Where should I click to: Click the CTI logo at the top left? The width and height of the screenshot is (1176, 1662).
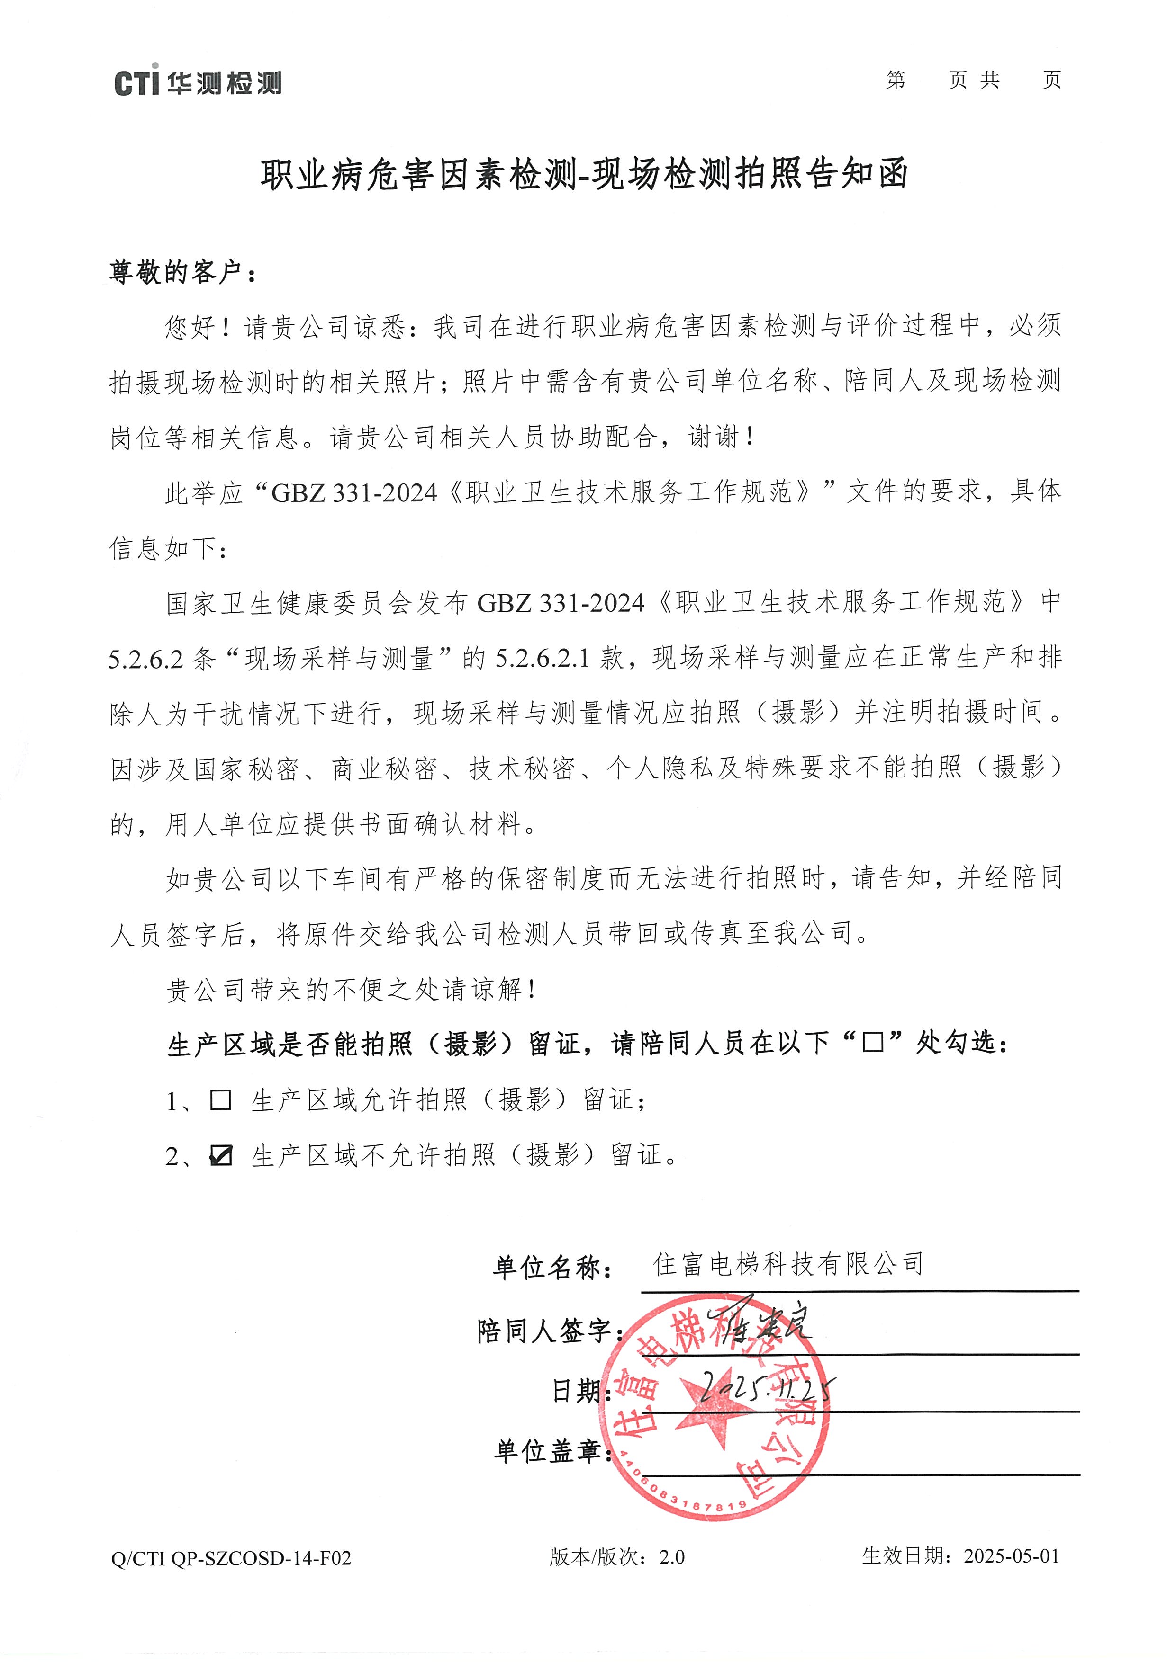click(198, 82)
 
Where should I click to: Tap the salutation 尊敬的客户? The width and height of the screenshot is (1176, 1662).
click(181, 272)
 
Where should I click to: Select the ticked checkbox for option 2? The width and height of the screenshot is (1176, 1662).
click(220, 1155)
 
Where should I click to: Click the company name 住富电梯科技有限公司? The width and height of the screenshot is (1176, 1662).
click(788, 1263)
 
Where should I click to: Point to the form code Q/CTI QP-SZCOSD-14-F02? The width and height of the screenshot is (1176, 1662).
click(231, 1557)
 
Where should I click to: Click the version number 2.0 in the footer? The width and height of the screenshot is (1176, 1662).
click(671, 1557)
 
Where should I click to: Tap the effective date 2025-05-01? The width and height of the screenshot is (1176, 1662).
click(1011, 1556)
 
